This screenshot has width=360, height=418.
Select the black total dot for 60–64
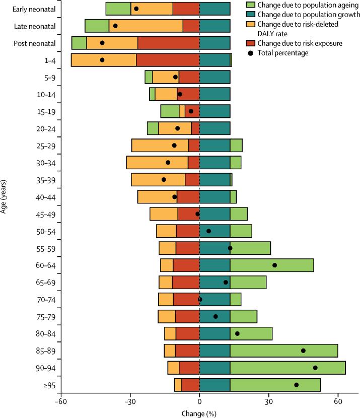[x=274, y=265]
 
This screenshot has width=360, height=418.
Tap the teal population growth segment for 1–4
[x=214, y=60]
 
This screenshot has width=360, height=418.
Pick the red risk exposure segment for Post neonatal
[x=169, y=43]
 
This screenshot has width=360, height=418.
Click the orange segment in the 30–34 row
[x=157, y=163]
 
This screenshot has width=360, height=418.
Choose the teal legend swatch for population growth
[x=249, y=15]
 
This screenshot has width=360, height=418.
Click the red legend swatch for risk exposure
[x=249, y=43]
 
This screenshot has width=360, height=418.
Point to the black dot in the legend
[x=249, y=52]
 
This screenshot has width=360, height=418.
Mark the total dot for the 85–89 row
[x=303, y=351]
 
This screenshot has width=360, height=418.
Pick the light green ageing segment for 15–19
[x=170, y=111]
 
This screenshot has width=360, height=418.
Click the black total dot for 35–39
[x=164, y=179]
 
